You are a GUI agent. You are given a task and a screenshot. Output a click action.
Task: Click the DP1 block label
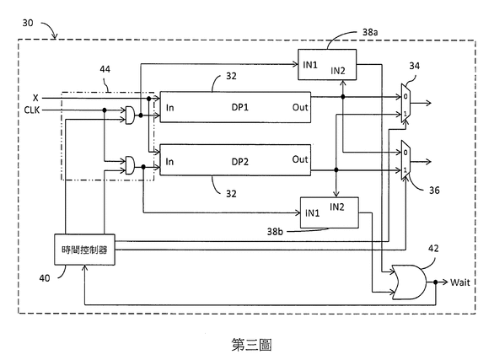tap(239, 107)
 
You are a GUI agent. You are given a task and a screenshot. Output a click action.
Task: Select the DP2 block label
tap(239, 162)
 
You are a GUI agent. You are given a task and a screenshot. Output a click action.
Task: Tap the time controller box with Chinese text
tap(85, 250)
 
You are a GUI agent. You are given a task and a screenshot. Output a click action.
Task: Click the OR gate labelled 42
tap(409, 282)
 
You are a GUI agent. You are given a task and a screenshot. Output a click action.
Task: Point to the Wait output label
tap(459, 282)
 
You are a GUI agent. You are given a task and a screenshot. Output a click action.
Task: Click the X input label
tap(35, 98)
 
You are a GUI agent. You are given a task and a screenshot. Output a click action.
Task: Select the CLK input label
tap(32, 110)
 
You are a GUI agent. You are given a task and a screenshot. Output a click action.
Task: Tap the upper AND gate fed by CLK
tap(130, 115)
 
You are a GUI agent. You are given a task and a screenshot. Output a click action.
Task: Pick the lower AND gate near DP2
tap(130, 165)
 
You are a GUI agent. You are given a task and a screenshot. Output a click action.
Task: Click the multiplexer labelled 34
tap(405, 103)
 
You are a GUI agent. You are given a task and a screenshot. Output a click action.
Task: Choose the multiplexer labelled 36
tap(405, 160)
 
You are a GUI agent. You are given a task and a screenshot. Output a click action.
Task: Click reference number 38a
tap(370, 32)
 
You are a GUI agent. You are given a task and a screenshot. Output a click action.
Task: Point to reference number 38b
tap(275, 232)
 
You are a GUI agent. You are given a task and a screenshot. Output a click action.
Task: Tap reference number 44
tap(105, 69)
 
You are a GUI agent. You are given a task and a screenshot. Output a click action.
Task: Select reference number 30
tap(28, 23)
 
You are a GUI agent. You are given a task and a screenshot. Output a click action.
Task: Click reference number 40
tap(45, 277)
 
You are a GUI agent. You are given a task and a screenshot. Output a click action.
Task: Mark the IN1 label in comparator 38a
tap(310, 65)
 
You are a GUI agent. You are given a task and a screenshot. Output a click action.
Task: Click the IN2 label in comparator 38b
tap(337, 207)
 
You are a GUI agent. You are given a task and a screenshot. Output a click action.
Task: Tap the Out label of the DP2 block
tap(300, 159)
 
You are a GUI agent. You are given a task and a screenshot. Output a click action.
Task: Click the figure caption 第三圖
tap(251, 345)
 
